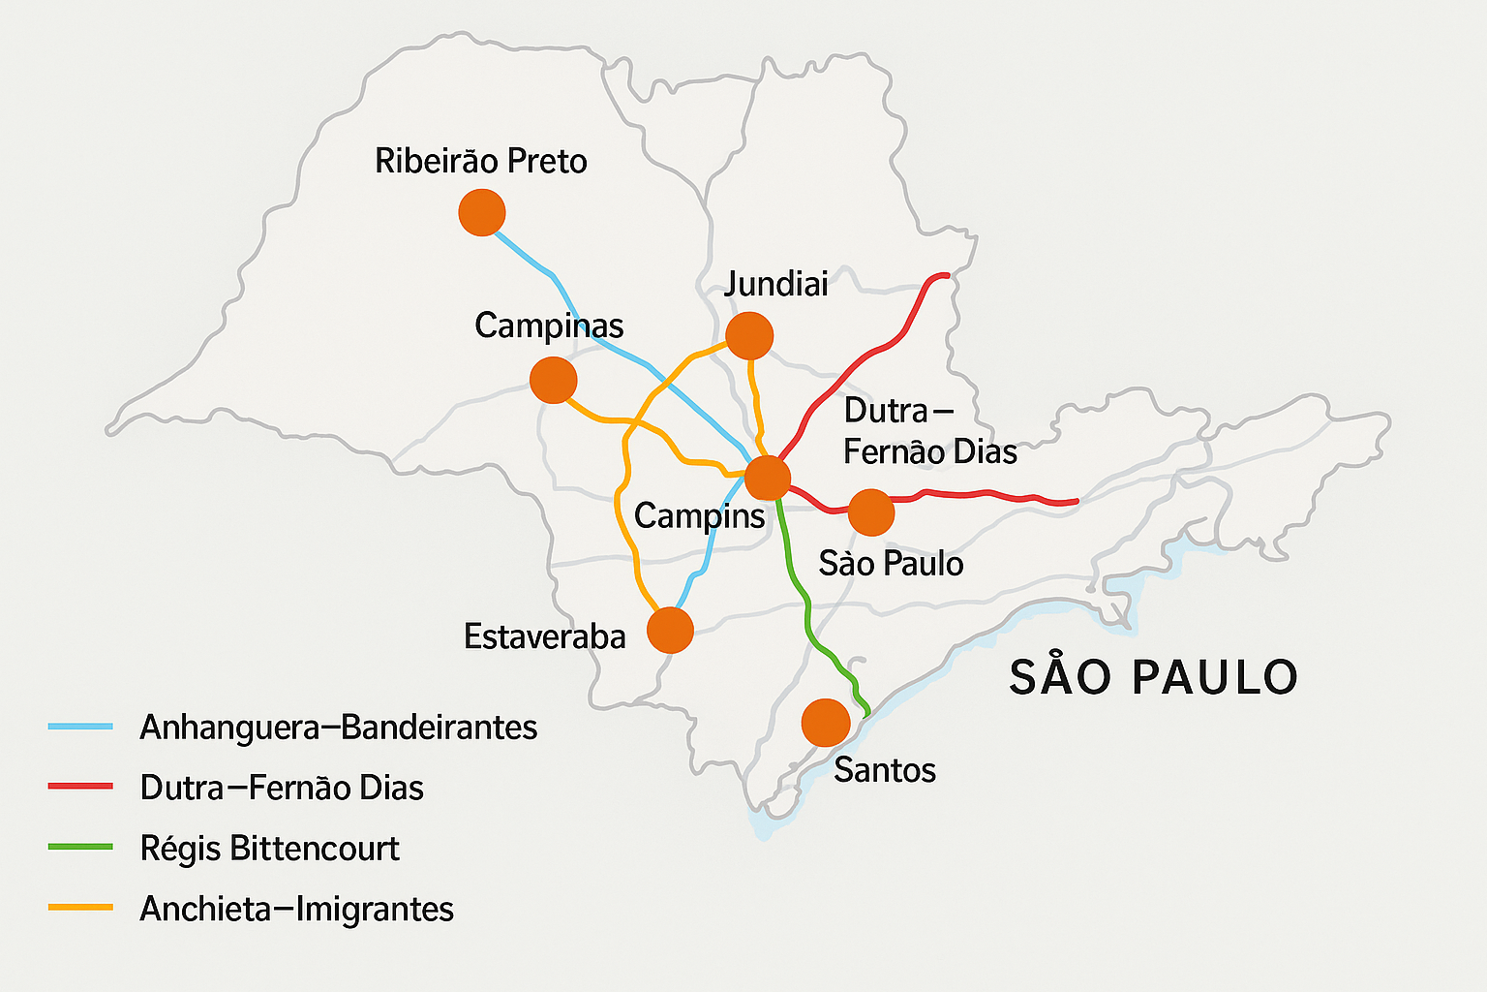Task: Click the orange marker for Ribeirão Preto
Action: click(481, 212)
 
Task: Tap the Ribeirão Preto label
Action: click(480, 161)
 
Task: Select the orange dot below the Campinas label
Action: click(554, 380)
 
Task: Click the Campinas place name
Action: click(549, 325)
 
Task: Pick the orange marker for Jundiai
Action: click(749, 336)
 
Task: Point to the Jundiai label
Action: click(776, 284)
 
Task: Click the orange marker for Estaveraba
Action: click(670, 631)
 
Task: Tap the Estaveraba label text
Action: click(544, 636)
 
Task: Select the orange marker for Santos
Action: click(826, 723)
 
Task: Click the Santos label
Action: click(885, 770)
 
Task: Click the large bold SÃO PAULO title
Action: click(1153, 676)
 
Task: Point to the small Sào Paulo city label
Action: click(891, 563)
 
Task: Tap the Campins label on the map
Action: click(699, 516)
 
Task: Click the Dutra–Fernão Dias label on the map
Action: click(929, 431)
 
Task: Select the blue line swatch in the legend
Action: click(80, 727)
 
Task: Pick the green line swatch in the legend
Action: click(80, 848)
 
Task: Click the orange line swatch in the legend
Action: click(80, 908)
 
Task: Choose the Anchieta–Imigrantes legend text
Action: click(296, 909)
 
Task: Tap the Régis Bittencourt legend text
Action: click(269, 849)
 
